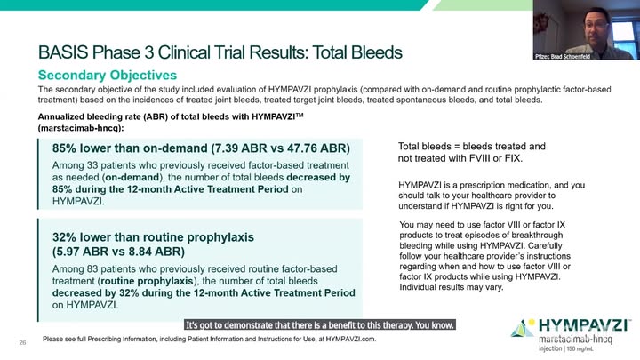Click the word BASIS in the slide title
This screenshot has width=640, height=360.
63,52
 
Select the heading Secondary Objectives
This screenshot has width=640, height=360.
108,75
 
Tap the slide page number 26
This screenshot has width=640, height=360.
22,342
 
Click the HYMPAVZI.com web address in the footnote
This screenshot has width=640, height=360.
350,339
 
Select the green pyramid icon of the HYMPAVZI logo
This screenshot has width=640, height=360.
522,329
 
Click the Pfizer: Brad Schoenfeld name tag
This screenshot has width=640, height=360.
563,56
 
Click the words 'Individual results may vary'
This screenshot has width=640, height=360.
451,287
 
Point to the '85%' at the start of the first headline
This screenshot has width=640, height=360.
64,148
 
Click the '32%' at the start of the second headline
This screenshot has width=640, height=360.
64,237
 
